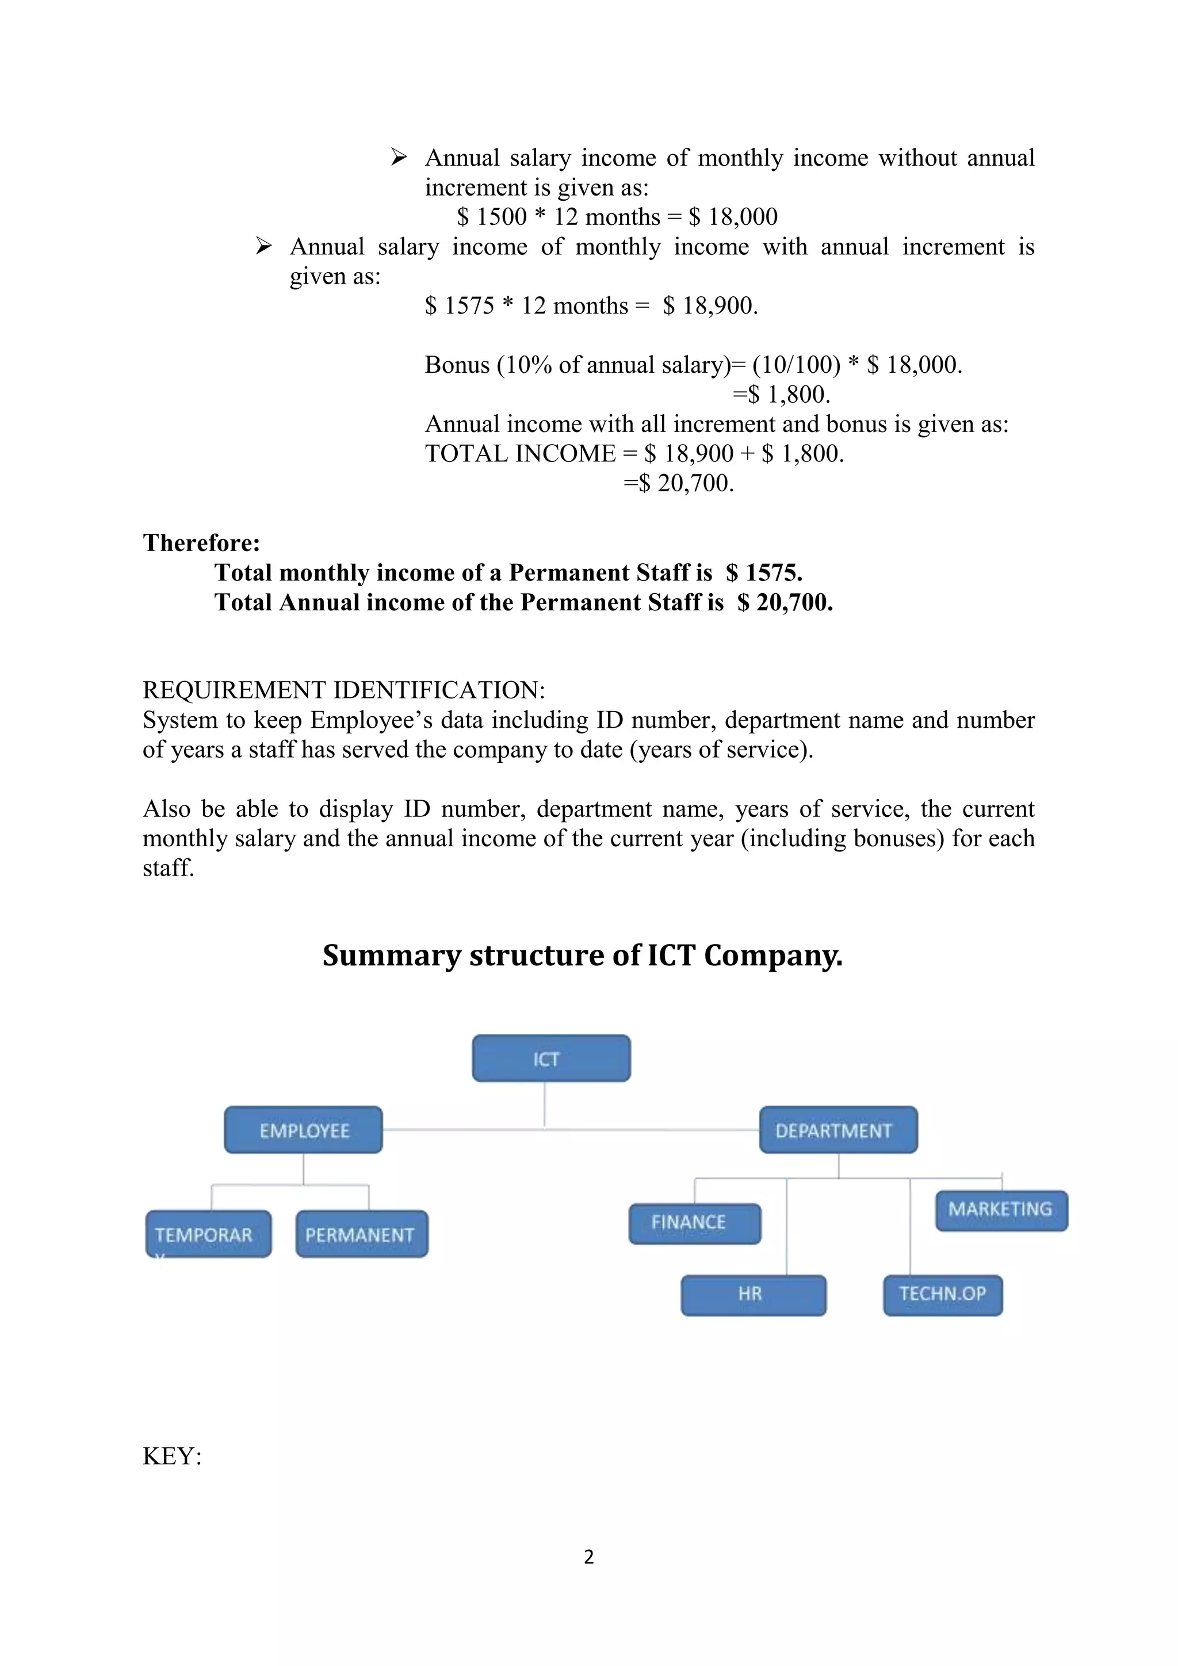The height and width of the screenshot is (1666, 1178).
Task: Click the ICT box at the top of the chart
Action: (x=551, y=1059)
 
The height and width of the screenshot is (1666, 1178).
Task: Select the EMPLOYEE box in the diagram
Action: (x=303, y=1130)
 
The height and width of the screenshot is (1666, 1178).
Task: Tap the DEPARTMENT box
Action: (x=839, y=1130)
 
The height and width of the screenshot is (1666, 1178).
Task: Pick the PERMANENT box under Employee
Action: (x=361, y=1235)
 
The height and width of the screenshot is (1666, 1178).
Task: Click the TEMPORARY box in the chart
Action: (x=208, y=1235)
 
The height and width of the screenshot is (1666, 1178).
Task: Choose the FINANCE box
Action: (x=694, y=1222)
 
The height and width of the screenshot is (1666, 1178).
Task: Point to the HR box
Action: (x=753, y=1294)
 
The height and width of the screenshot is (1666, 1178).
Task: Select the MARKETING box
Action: (x=1001, y=1210)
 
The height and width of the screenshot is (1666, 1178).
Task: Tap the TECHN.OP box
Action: (x=942, y=1294)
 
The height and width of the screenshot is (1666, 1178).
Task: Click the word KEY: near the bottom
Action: (x=172, y=1456)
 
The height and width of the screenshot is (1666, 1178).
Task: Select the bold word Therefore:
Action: (x=201, y=542)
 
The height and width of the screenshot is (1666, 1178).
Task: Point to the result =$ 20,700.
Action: (x=679, y=483)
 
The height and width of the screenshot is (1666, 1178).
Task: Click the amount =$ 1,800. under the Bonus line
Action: (x=781, y=395)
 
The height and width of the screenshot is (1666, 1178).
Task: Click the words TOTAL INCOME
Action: (x=520, y=453)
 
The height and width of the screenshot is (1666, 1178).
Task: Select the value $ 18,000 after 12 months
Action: (x=733, y=217)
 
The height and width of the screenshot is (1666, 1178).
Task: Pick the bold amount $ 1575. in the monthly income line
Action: (x=764, y=572)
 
